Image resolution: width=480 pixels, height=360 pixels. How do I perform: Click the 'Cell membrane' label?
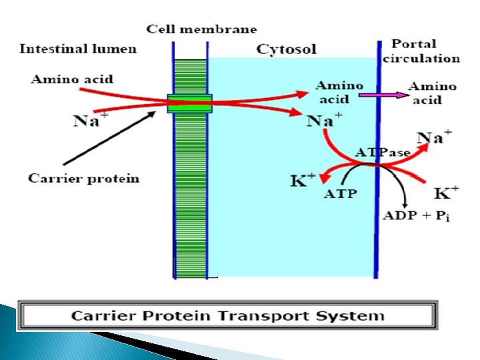pos(201,29)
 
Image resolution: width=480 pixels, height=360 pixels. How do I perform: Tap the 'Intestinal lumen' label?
pos(78,48)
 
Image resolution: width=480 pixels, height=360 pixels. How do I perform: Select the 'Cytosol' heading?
pos(286,49)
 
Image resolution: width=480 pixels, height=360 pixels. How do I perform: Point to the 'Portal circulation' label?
pos(421,51)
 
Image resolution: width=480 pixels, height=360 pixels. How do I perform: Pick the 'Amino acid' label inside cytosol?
pos(339,92)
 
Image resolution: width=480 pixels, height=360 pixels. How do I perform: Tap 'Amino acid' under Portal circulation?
pos(432,93)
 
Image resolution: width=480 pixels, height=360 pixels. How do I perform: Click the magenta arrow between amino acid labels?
pos(384,95)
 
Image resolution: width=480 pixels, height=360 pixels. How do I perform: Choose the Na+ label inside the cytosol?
pos(325,121)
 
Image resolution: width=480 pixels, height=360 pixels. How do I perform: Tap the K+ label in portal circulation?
pos(446,193)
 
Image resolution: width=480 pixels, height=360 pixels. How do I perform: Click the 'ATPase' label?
pos(382,153)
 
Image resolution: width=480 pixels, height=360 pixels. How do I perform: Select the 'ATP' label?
pos(340,195)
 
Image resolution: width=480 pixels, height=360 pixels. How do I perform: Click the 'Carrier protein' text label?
pos(84,178)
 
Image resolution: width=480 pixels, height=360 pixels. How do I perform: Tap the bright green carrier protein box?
pos(189,103)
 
